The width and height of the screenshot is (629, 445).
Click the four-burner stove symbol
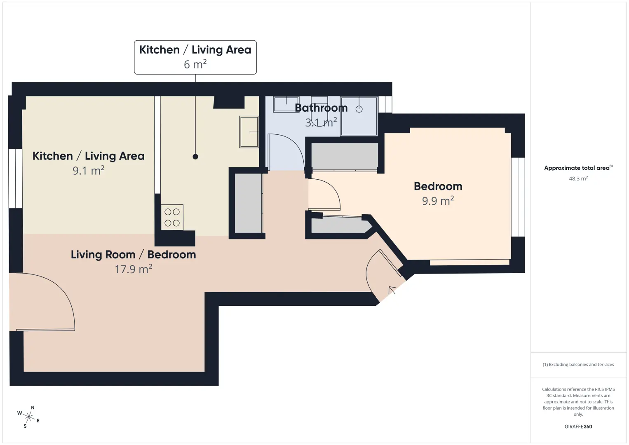pyautogui.click(x=172, y=217)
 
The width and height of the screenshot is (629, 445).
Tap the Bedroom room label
pyautogui.click(x=438, y=186)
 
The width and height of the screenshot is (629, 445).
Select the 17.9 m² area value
pyautogui.click(x=134, y=269)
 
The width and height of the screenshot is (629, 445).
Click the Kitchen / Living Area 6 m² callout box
pyautogui.click(x=195, y=57)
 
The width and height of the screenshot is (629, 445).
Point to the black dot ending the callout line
pyautogui.click(x=195, y=157)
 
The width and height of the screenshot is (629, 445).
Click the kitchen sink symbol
pyautogui.click(x=249, y=132)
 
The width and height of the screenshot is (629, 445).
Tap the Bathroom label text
pyautogui.click(x=321, y=108)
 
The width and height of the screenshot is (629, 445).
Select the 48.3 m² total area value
pyautogui.click(x=578, y=178)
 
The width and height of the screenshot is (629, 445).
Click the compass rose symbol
pyautogui.click(x=28, y=417)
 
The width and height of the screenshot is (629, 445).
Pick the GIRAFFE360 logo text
pyautogui.click(x=578, y=426)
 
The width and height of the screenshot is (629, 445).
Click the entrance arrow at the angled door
pyautogui.click(x=392, y=290)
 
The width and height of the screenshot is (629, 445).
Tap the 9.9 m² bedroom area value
pyautogui.click(x=438, y=201)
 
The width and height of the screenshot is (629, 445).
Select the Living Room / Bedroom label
pyautogui.click(x=134, y=255)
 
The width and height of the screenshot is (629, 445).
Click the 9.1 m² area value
pyautogui.click(x=89, y=171)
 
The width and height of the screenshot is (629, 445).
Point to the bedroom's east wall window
pyautogui.click(x=518, y=197)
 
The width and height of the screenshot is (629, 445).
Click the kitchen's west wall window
pyautogui.click(x=15, y=178)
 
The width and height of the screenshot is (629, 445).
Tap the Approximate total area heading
pyautogui.click(x=578, y=168)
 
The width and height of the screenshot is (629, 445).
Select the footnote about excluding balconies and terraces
pyautogui.click(x=578, y=364)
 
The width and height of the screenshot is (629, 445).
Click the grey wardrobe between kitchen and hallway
pyautogui.click(x=248, y=203)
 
